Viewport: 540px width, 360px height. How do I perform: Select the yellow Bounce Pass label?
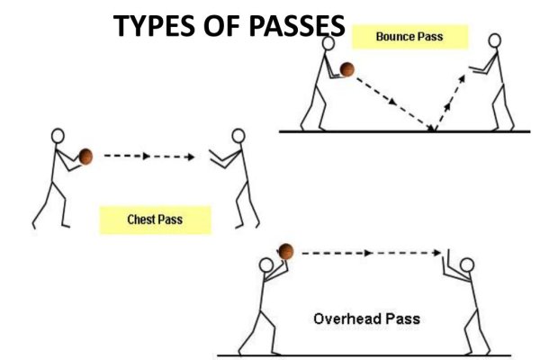click(x=409, y=36)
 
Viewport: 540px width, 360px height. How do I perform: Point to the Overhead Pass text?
click(x=366, y=319)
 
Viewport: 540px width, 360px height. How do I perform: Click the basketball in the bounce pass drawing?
click(x=347, y=68)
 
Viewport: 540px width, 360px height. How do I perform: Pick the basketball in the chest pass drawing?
click(x=85, y=156)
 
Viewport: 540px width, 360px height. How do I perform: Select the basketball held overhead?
click(x=286, y=251)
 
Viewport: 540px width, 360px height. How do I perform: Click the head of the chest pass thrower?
click(x=58, y=136)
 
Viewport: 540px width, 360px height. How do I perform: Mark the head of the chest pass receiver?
click(x=238, y=137)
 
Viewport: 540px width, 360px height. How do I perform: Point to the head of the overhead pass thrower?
click(x=266, y=266)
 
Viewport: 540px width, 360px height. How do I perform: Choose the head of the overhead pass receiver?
click(x=467, y=266)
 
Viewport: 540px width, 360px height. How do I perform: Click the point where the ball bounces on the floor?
click(x=434, y=131)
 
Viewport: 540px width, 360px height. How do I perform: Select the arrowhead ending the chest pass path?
click(x=189, y=157)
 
